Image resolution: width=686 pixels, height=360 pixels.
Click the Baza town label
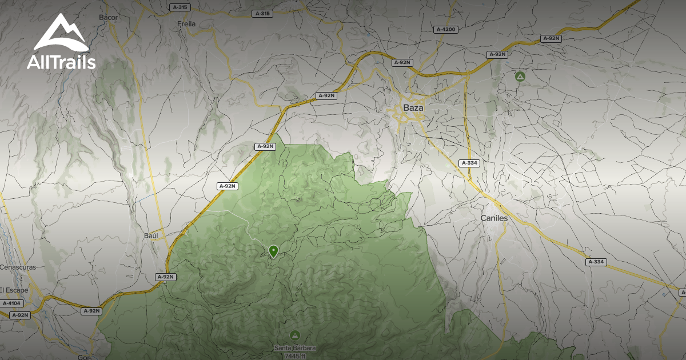[x=413, y=107]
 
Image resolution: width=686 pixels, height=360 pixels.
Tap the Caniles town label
[x=494, y=218]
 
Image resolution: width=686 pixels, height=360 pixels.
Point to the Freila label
[x=186, y=24]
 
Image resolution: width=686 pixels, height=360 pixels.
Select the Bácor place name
[x=108, y=17]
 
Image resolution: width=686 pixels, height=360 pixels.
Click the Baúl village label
[x=150, y=235]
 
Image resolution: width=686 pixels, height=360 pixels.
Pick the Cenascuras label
[x=18, y=267]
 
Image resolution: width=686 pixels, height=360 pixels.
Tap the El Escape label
[x=14, y=290]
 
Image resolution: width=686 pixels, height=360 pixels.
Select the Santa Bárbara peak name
[x=295, y=348]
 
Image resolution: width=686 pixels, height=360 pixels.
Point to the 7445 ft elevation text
[x=295, y=356]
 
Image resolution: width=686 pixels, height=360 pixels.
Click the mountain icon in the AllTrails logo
[x=61, y=33]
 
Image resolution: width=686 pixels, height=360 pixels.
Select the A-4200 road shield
[x=446, y=29]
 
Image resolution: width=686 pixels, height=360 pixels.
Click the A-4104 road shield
[x=11, y=303]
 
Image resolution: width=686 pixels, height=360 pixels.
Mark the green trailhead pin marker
[x=273, y=251]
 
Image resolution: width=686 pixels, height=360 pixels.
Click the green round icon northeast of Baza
[x=520, y=76]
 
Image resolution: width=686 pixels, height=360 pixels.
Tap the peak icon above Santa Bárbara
[x=295, y=335]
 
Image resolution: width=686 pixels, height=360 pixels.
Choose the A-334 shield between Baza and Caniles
[x=469, y=163]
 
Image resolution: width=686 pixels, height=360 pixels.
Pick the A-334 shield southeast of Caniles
[x=596, y=262]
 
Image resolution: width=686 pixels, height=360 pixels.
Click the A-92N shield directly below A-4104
[x=19, y=315]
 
